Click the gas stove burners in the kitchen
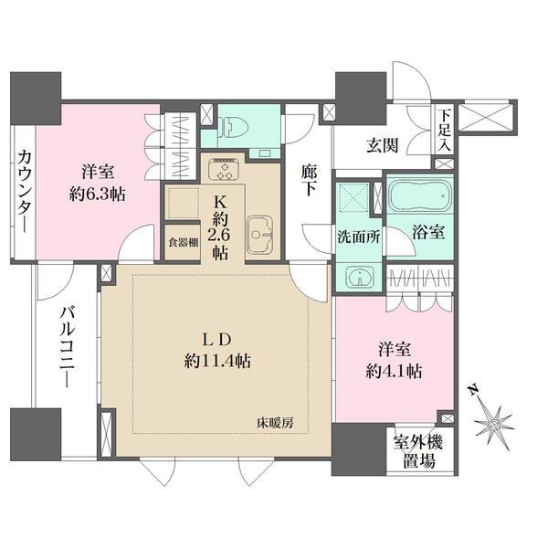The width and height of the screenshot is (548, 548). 222,171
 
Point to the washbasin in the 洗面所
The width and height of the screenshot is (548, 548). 356,276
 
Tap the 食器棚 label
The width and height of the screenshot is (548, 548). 181,244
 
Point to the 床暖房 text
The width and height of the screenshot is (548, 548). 276,422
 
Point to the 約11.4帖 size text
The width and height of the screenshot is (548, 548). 216,360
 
